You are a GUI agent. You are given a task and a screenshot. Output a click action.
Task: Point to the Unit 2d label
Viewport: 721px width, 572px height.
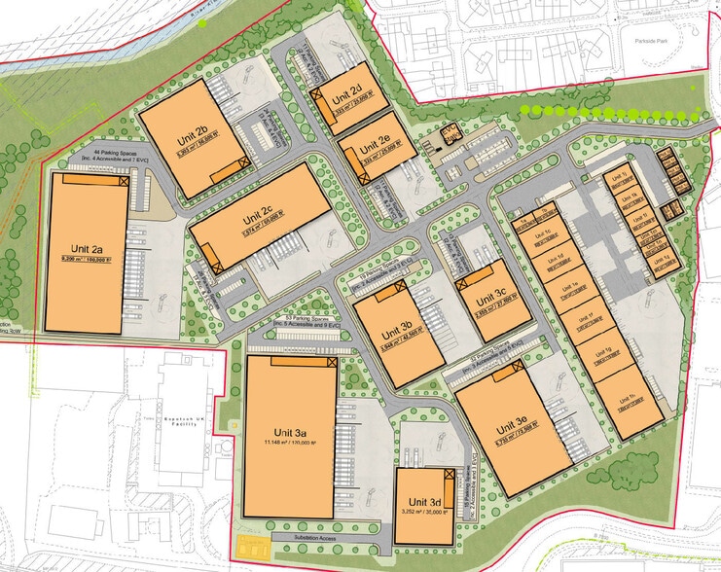pyautogui.click(x=346, y=96)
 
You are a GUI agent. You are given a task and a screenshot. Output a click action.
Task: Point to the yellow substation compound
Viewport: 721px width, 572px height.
pyautogui.click(x=251, y=544)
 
